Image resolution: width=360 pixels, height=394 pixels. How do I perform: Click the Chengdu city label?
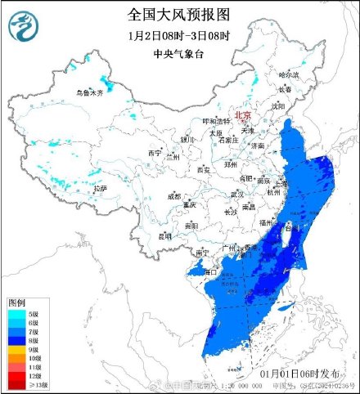(x=174, y=196)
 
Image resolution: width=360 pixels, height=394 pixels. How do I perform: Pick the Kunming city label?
(x=165, y=235)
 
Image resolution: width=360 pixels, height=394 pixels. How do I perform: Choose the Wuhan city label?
(x=237, y=194)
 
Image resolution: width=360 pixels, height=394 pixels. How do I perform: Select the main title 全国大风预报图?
(x=179, y=14)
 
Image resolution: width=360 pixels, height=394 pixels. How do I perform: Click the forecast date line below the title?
(x=179, y=36)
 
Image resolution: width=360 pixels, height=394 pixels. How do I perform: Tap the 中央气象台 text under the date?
(x=179, y=56)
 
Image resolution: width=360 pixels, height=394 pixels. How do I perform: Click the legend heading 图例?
(x=17, y=302)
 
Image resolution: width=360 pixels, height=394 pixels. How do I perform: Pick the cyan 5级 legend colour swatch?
(x=14, y=313)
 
